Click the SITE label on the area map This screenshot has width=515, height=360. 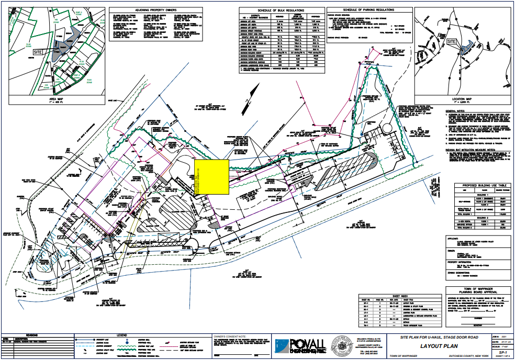pos(38,52)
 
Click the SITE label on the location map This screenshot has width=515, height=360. pos(453,41)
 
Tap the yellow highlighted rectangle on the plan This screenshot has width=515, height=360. pos(211,177)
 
